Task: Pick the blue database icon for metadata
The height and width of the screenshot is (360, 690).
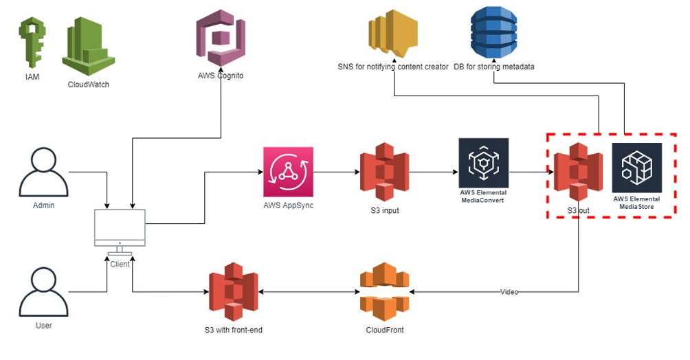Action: pos(493,32)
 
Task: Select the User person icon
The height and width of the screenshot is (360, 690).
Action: pos(44,290)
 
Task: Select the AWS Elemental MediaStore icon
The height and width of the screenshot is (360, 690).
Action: pos(636,168)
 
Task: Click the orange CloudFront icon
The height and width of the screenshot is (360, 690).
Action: pos(385,292)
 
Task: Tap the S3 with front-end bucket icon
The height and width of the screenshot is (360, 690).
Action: pos(234,292)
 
